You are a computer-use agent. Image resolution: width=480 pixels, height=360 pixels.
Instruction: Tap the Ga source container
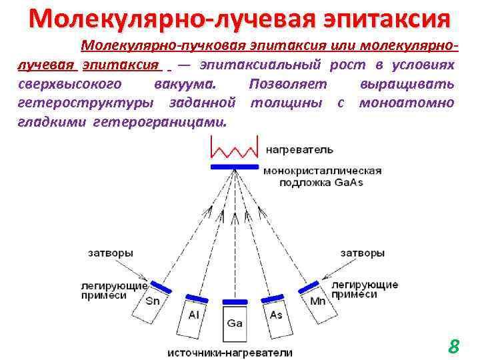235,325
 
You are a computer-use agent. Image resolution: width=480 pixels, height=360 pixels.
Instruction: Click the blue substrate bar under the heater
234,166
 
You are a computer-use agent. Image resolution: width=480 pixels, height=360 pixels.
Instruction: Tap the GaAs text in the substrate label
349,183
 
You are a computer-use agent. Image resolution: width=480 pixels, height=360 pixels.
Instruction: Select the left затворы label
109,253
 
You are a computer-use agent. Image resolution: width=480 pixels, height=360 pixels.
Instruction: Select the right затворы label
362,253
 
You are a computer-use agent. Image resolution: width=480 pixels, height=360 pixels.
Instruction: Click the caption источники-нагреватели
229,352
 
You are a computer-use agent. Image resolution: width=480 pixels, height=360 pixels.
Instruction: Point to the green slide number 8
454,346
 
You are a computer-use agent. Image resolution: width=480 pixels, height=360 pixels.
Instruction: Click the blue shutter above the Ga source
235,301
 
